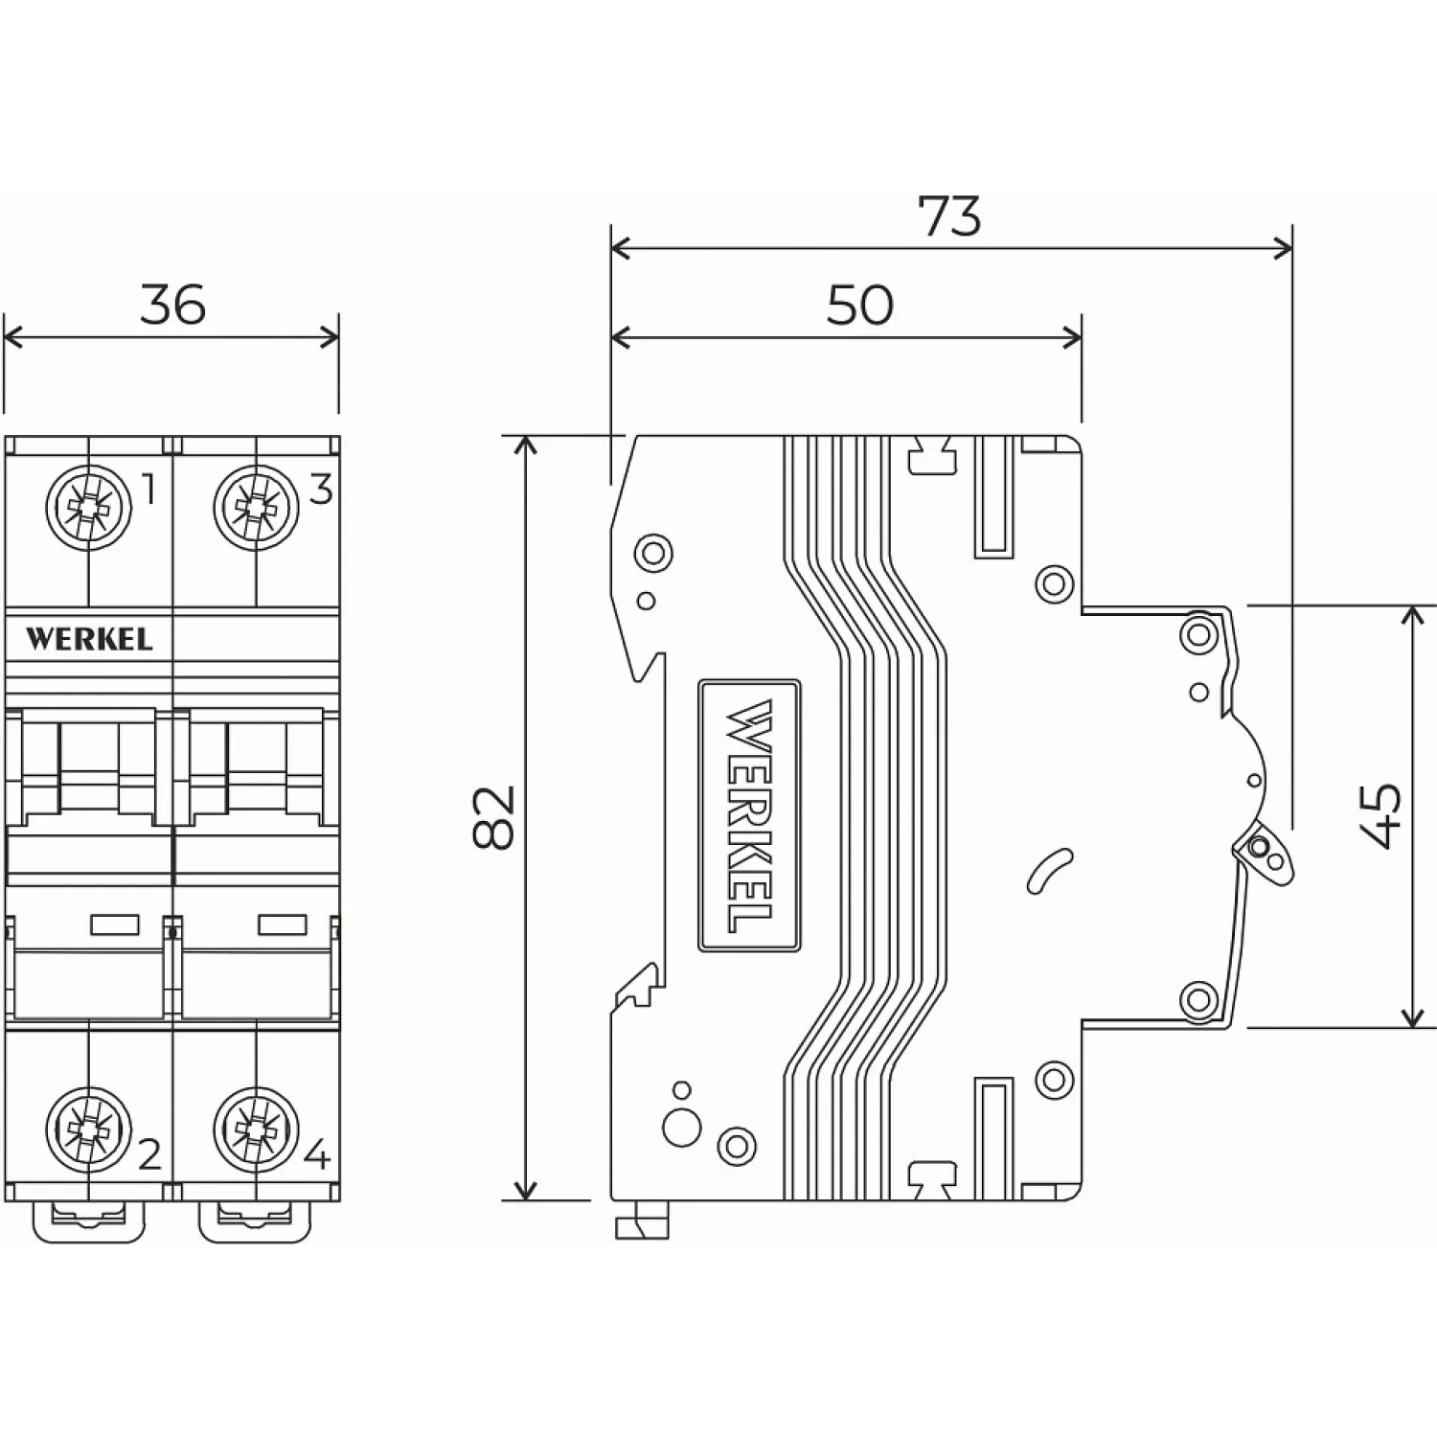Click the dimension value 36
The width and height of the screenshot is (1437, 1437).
pos(173,305)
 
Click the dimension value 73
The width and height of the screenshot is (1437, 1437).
pos(950,217)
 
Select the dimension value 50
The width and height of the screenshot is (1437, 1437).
pos(859,305)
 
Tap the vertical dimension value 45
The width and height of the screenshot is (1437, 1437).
pos(1380,816)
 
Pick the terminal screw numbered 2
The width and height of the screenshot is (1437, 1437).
pos(88,1131)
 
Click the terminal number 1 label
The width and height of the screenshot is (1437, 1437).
pos(148,490)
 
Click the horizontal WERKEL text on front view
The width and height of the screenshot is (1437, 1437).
pos(88,639)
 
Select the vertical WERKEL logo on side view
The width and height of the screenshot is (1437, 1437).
pos(749,816)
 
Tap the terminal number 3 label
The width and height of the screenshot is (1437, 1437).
pos(320,490)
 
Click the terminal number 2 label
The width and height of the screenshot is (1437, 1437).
pos(149,1156)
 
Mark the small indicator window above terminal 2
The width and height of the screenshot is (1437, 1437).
pos(115,924)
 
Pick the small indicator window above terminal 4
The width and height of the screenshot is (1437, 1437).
pos(283,924)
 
